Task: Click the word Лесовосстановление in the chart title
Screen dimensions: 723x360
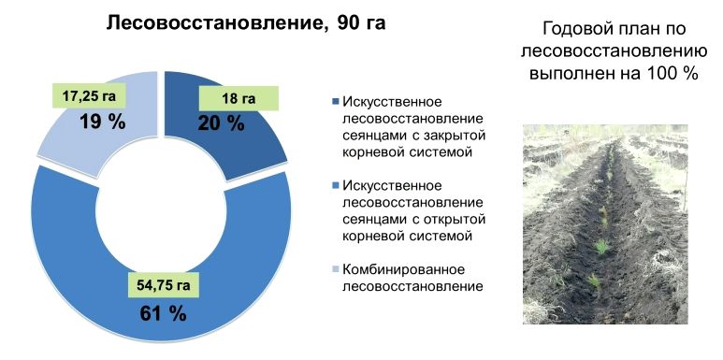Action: (216, 23)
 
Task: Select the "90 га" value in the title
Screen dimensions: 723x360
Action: (361, 23)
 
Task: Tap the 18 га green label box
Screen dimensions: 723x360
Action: (239, 98)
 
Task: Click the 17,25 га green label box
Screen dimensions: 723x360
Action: (89, 96)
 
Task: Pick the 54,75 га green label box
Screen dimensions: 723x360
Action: (164, 285)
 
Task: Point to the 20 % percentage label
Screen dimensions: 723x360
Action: (222, 123)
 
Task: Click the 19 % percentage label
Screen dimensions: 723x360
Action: (102, 122)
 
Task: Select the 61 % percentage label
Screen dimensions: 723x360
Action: (163, 314)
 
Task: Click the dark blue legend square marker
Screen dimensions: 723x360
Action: (335, 101)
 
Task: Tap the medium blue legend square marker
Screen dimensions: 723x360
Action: (335, 185)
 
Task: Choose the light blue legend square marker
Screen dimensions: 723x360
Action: (335, 268)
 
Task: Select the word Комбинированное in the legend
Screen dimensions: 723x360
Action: (403, 269)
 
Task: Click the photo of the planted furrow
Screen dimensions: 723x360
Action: (605, 224)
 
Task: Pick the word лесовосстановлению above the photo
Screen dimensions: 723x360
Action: (614, 51)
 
